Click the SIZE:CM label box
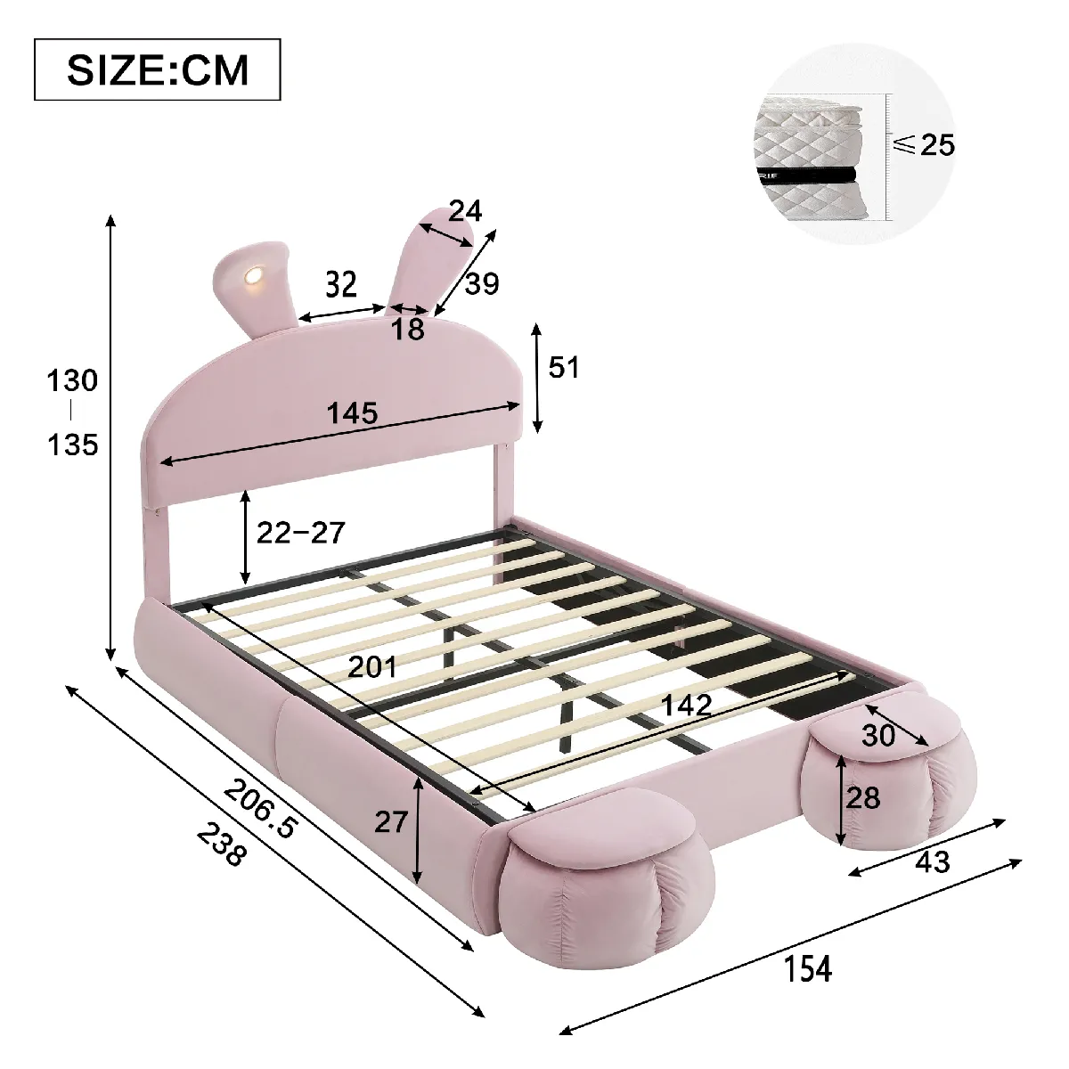[158, 69]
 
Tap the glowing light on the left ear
[254, 274]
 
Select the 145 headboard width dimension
[352, 412]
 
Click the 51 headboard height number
[564, 367]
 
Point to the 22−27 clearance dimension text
[301, 533]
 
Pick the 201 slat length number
[372, 666]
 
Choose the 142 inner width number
[687, 705]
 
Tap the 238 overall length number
[220, 845]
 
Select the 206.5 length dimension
[261, 809]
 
